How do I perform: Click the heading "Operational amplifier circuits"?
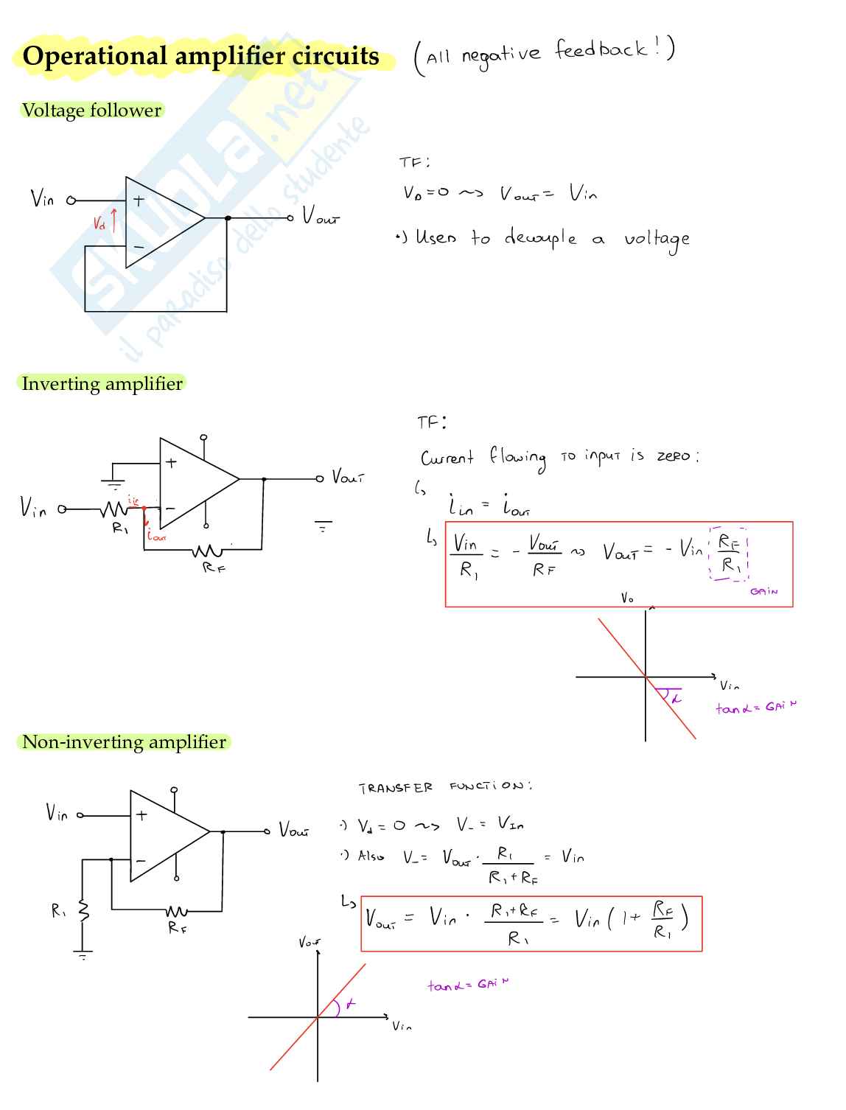200,56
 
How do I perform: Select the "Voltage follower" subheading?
91,111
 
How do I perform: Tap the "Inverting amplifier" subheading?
102,384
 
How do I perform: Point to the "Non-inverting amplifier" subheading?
124,742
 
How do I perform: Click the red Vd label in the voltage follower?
99,223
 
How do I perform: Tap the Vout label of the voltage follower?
321,217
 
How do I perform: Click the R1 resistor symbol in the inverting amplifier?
115,509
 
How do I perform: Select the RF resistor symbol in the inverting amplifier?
208,551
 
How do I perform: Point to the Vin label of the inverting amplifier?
33,507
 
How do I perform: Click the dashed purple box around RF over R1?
729,554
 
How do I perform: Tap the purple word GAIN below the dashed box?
763,592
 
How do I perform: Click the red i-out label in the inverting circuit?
155,536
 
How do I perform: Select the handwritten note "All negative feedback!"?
544,57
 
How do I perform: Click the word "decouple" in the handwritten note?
540,238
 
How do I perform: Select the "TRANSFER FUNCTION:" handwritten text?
445,787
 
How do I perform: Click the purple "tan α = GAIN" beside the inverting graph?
755,708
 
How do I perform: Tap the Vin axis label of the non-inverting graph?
402,1026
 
